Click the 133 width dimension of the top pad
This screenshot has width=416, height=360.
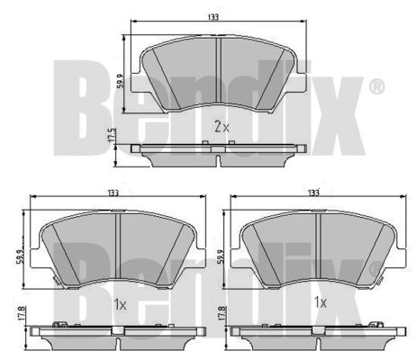tap(213, 17)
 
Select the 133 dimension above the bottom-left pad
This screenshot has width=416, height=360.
tap(113, 193)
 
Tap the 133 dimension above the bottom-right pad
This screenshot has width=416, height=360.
tap(313, 193)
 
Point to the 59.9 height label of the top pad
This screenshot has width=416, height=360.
tap(121, 81)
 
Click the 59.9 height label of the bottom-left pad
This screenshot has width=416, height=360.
tap(19, 257)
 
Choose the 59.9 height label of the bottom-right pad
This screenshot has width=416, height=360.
tap(222, 257)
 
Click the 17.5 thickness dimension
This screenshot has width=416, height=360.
tap(112, 135)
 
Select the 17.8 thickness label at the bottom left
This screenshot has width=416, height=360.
tap(21, 313)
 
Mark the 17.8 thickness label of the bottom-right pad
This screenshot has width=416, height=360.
tap(222, 313)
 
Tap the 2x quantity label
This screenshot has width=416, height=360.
tap(222, 126)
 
